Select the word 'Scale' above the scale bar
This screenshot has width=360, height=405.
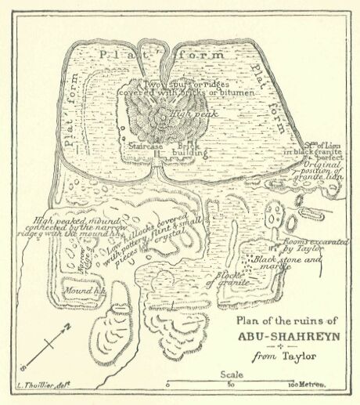[x=233, y=374]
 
